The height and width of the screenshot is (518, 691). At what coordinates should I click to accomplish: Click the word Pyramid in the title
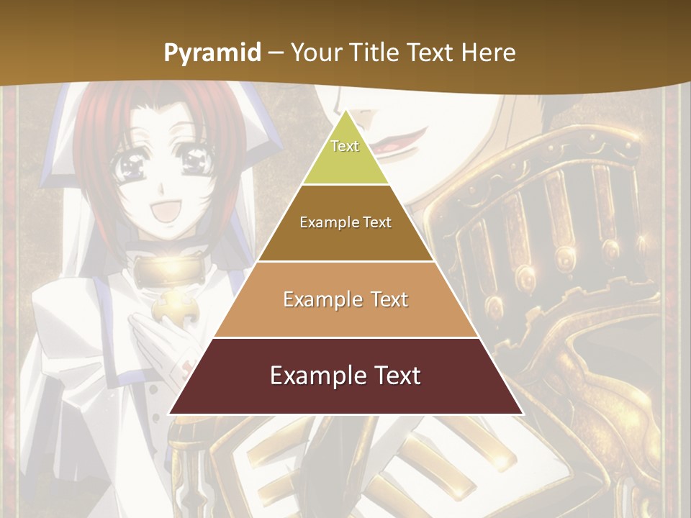coord(212,53)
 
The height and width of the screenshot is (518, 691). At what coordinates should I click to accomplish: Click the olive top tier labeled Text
coord(345,155)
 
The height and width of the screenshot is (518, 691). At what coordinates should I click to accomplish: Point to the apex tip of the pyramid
coord(345,110)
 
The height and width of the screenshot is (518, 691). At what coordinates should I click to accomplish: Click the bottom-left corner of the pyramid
coord(170,414)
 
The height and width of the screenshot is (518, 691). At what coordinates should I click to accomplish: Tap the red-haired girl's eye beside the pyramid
coord(133,168)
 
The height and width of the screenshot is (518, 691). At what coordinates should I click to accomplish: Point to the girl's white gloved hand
coord(155,338)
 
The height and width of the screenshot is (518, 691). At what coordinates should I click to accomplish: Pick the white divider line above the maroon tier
coord(345,337)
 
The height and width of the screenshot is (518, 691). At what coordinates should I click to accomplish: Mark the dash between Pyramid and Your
coord(275,53)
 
